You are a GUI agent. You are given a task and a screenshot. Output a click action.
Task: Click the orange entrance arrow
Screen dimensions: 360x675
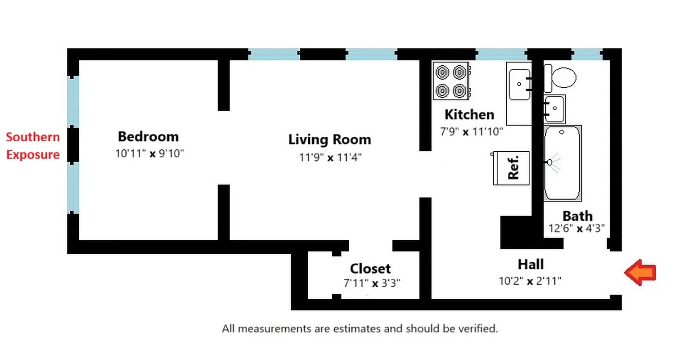click(640, 272)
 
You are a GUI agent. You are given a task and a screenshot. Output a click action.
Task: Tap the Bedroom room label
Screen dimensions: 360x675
click(148, 136)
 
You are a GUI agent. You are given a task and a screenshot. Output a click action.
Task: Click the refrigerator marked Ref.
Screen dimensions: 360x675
click(511, 168)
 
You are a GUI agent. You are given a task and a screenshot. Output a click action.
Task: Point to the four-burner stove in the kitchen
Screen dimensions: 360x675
click(451, 81)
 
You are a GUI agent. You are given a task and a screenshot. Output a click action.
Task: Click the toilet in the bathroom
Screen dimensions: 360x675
click(561, 78)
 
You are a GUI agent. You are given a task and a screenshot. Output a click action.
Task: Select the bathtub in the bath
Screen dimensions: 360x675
click(562, 163)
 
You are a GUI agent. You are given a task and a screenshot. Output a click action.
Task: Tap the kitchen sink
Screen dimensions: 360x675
click(519, 85)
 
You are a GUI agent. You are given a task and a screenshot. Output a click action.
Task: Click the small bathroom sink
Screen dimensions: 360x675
click(554, 109)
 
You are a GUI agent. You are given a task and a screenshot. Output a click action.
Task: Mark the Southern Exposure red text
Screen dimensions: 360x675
click(32, 146)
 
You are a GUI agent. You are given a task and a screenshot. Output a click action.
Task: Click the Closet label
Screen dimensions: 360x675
click(370, 269)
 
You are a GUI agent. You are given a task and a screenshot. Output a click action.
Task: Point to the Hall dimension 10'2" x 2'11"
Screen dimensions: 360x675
click(530, 281)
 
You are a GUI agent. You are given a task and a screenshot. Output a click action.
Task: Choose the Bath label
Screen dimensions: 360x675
click(577, 216)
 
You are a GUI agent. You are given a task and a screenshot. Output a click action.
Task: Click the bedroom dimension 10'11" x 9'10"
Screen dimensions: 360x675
click(149, 153)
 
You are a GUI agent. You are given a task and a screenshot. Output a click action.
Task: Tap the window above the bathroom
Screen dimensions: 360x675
click(587, 54)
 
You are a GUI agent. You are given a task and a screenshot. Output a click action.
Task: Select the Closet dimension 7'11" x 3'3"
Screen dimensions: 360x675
click(372, 283)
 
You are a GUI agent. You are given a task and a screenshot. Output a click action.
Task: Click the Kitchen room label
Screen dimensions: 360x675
click(469, 114)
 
